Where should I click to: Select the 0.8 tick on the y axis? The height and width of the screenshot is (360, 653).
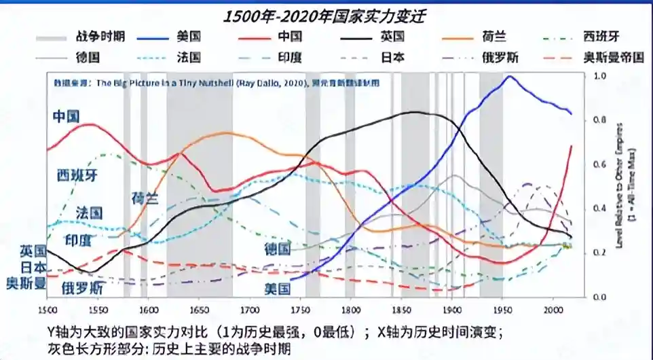pyautogui.click(x=599, y=120)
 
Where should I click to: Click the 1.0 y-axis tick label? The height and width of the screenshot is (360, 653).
pyautogui.click(x=599, y=75)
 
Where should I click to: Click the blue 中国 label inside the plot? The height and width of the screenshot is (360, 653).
pyautogui.click(x=66, y=115)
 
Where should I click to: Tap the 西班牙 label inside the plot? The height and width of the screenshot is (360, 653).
pyautogui.click(x=77, y=175)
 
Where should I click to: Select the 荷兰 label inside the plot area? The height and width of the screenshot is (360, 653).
pyautogui.click(x=145, y=198)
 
